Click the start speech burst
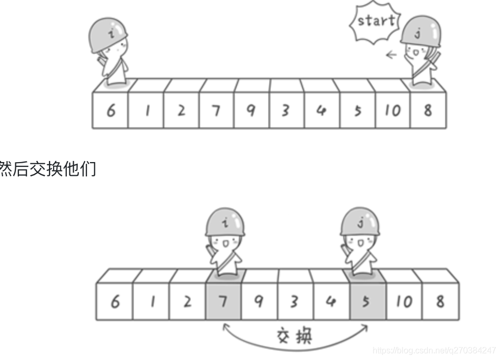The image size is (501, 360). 375,22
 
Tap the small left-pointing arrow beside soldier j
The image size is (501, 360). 390,54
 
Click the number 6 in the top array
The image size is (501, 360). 111,111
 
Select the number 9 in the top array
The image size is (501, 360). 251,111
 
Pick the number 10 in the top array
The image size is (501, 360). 392,111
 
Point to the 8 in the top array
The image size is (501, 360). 427,111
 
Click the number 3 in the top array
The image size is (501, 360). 286,111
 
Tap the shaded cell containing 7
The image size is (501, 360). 224,302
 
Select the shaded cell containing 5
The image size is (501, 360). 366,302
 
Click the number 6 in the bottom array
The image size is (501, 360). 114,302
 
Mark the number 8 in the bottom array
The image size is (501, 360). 439,302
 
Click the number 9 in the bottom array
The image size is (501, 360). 259,302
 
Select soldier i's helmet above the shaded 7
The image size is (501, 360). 225,222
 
